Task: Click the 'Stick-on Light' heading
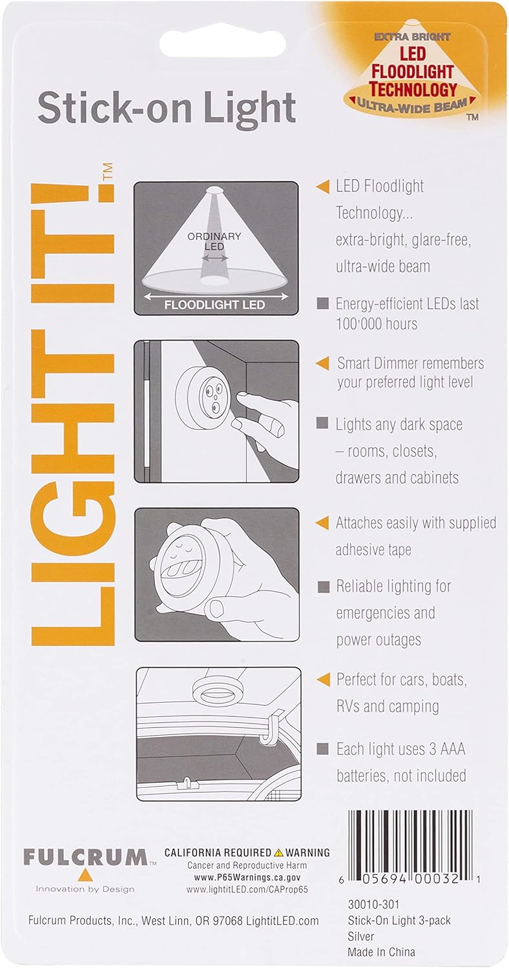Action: point(167,110)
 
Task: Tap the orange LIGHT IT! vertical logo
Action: point(72,414)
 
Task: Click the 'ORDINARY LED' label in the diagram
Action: point(214,241)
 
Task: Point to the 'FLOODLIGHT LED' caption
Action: point(214,305)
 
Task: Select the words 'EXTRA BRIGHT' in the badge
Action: point(412,37)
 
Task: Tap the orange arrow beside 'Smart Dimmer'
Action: point(322,363)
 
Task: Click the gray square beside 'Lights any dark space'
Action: point(322,423)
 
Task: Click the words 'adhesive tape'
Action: point(373,550)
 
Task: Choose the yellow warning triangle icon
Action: point(278,852)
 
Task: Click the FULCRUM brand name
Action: point(86,857)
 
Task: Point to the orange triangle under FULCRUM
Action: point(85,875)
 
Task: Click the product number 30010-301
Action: point(373,904)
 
